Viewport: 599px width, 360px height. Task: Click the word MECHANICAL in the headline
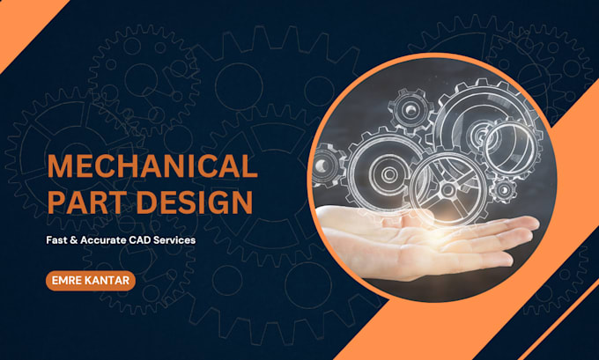point(152,166)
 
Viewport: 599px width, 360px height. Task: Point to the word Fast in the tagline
point(55,240)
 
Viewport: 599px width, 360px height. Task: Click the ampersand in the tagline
point(72,240)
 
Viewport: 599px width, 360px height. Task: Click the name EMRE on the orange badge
point(66,281)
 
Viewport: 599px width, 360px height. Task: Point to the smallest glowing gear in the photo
point(504,189)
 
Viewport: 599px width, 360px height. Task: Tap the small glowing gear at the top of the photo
point(410,110)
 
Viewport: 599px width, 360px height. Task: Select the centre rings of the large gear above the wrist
point(388,174)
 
